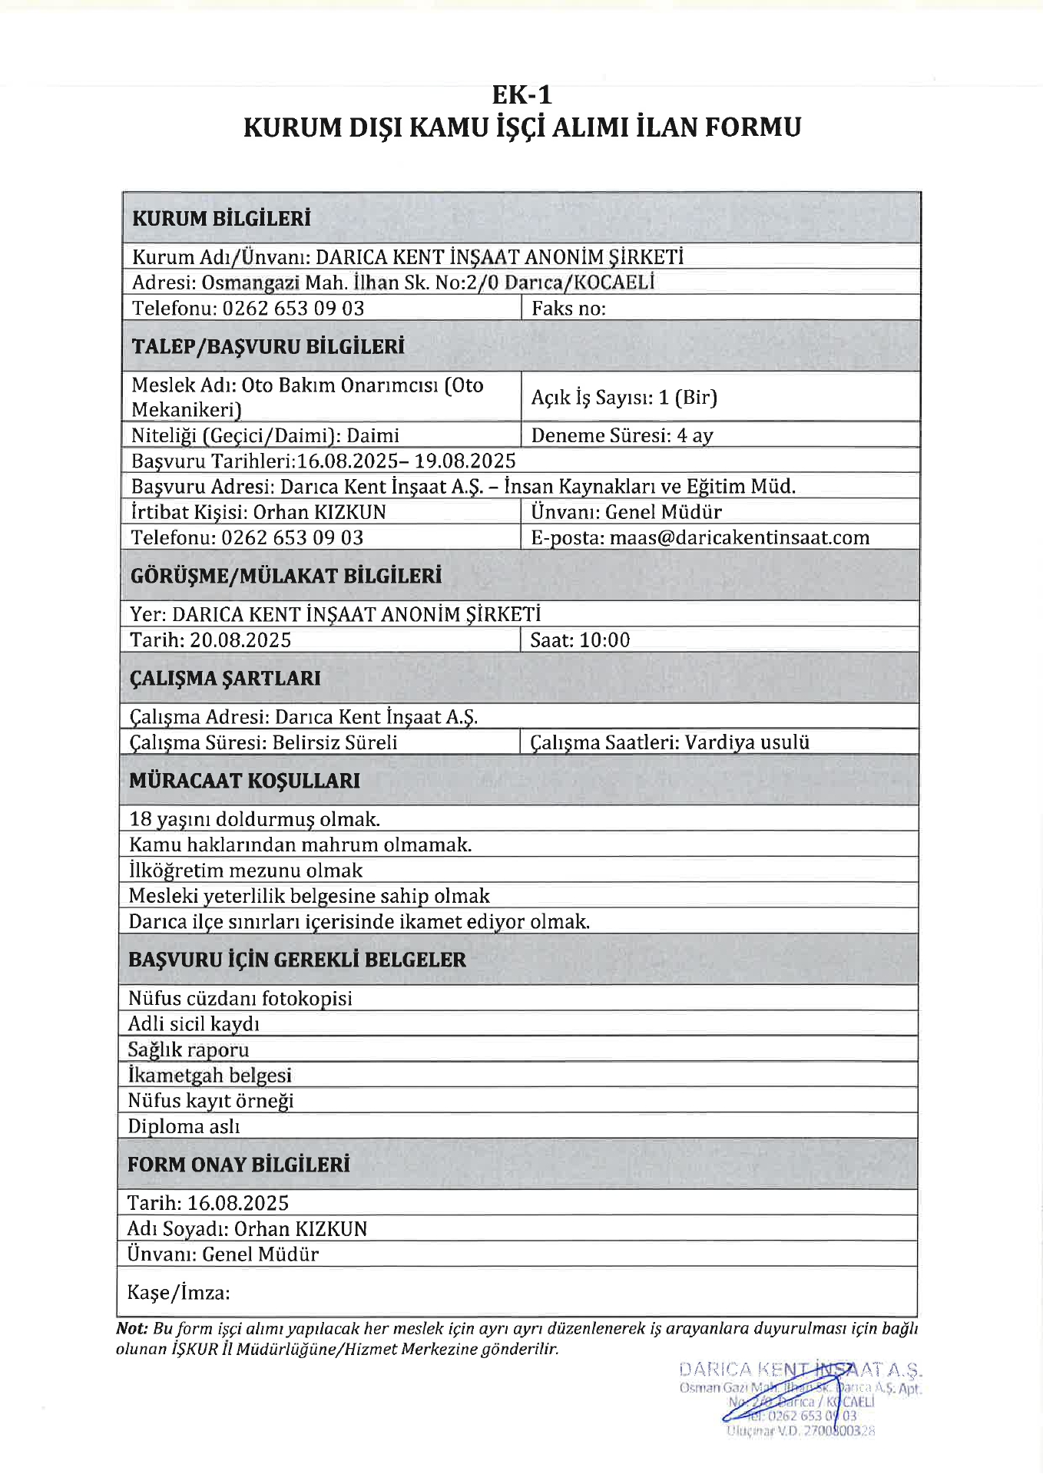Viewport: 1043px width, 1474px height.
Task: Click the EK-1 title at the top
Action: (521, 95)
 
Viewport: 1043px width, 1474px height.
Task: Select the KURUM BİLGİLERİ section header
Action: (221, 219)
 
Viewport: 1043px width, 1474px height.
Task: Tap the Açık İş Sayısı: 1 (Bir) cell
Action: (624, 398)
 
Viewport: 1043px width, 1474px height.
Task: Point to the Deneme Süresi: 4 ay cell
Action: (622, 436)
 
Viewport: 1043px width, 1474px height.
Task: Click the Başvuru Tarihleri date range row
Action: (323, 461)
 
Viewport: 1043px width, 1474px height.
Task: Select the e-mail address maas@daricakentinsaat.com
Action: (739, 537)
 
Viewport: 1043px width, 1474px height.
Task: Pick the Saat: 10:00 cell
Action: (580, 640)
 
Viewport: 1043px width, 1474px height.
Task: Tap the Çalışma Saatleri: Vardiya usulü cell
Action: (670, 742)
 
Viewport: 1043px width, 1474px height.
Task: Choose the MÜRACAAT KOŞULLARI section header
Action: (244, 781)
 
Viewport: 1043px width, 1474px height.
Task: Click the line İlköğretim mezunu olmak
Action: (245, 871)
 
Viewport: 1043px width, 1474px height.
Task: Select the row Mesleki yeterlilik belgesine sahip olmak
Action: (309, 896)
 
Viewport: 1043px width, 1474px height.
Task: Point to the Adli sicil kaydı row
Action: (194, 1024)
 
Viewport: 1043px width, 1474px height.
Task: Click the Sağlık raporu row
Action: (188, 1049)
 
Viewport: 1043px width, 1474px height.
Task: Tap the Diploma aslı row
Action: (184, 1126)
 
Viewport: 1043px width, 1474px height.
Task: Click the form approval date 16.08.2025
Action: (238, 1203)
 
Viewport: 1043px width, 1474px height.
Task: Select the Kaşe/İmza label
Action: (178, 1293)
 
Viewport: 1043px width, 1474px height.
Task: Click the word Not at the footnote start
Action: (131, 1329)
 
